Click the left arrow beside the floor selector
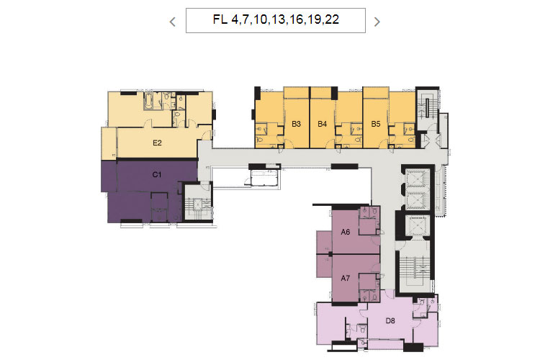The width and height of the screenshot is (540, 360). (173, 22)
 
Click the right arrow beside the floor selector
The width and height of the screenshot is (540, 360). (377, 22)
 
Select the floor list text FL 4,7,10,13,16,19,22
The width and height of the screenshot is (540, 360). (276, 19)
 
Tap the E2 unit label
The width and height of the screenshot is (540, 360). (157, 143)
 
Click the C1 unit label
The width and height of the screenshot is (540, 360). (157, 175)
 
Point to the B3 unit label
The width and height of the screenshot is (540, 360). (296, 124)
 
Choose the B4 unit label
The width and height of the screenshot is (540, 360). (322, 124)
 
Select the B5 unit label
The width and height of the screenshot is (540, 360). (376, 124)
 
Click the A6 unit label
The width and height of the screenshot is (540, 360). (346, 232)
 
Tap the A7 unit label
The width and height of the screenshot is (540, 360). (346, 278)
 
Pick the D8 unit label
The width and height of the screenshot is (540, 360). (390, 320)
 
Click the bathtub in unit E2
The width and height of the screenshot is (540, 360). (149, 101)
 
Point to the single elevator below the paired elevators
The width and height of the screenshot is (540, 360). (418, 225)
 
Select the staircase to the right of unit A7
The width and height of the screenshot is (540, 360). (414, 269)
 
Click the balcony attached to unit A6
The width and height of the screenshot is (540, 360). (324, 242)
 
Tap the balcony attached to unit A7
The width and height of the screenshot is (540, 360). (324, 266)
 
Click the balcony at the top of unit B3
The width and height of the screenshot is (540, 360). (296, 93)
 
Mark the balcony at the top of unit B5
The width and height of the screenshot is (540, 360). (376, 93)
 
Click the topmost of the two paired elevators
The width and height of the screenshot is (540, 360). (418, 179)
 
